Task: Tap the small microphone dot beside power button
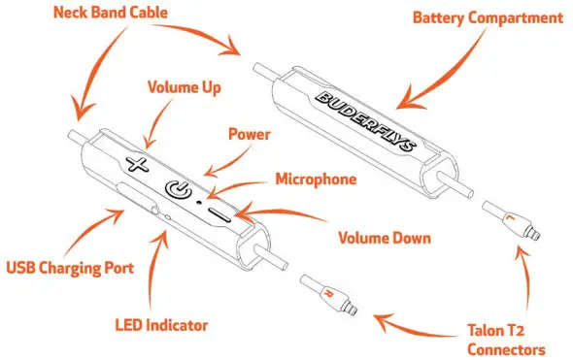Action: [200, 204]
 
